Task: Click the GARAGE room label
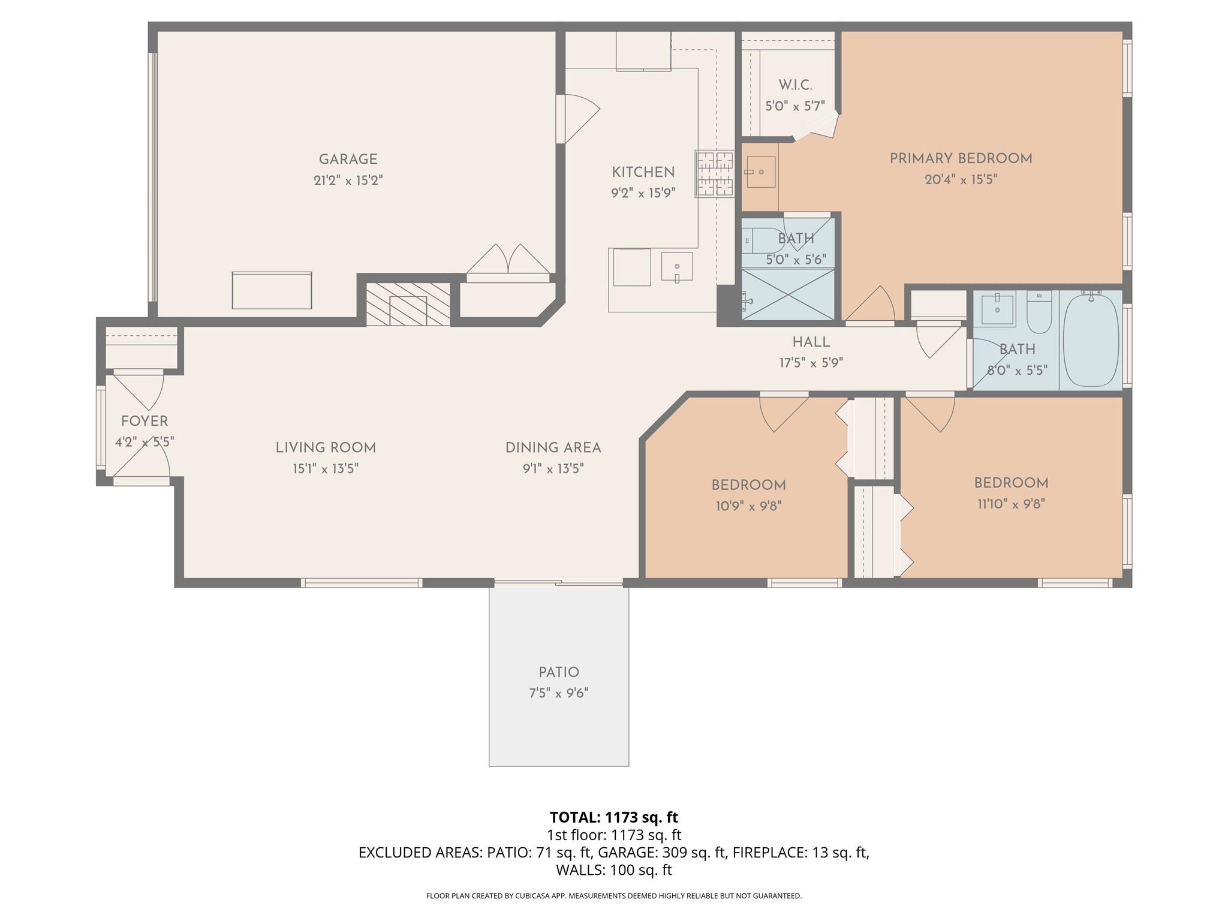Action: tap(348, 159)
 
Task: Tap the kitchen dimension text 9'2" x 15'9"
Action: tap(643, 193)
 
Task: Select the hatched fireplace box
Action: tap(408, 304)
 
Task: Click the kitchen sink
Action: tap(677, 267)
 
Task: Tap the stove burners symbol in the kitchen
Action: tap(715, 174)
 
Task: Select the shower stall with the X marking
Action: tap(788, 294)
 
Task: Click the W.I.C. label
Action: tap(795, 86)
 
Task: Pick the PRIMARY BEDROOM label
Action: tap(961, 159)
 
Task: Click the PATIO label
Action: tap(559, 672)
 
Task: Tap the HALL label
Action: tap(811, 342)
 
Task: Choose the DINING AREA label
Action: tap(553, 448)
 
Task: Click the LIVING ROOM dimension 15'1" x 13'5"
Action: tap(326, 468)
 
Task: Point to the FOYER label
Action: tap(145, 422)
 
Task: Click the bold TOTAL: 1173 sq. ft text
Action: tap(613, 817)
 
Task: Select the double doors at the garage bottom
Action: tap(508, 262)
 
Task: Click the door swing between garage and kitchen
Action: tap(579, 119)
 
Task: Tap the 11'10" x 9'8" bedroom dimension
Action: tap(1011, 504)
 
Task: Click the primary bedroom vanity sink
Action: tap(760, 172)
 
